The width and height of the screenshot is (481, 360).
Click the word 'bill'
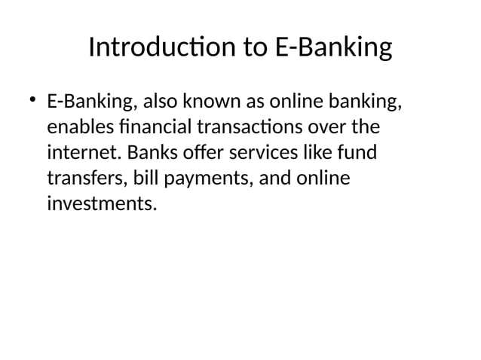click(x=146, y=178)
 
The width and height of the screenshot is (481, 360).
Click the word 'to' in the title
click(x=250, y=48)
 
